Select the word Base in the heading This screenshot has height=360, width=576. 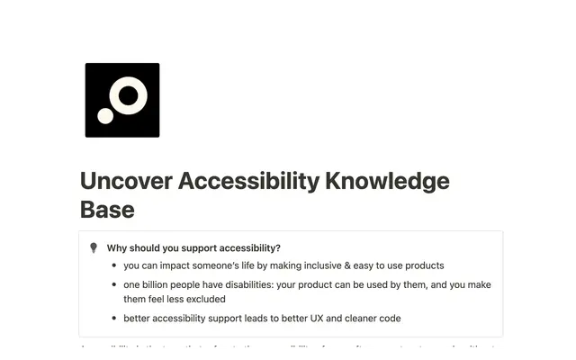107,210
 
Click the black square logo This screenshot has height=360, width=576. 121,99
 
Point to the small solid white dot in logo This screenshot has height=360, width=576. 106,115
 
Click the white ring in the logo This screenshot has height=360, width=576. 130,94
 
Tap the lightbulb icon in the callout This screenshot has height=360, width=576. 93,248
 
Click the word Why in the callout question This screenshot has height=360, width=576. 117,248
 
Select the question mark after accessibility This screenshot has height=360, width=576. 278,248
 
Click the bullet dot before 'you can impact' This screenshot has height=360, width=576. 112,265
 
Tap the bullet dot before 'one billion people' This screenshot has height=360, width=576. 112,285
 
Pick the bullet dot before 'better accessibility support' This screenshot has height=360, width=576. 112,319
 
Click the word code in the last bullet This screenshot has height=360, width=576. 389,319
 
